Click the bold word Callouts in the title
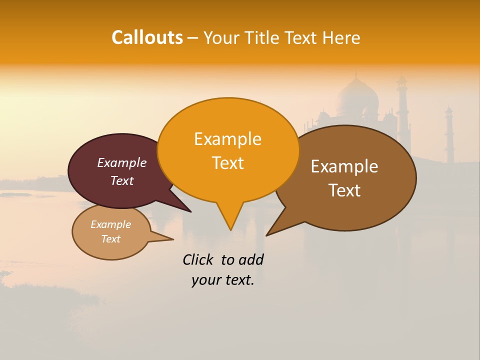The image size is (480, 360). coord(147,37)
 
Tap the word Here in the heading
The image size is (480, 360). coord(342,38)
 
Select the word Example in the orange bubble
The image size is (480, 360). coord(227,139)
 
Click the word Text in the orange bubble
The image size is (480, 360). coord(227,163)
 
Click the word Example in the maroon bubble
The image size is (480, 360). coord(121,162)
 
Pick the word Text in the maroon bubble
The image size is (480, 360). coord(121,180)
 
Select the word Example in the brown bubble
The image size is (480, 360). coord(344,166)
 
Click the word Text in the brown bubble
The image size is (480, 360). coord(344,190)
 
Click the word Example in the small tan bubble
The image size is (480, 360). coord(110,224)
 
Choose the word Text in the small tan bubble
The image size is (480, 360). coord(110,239)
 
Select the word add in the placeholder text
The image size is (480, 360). coord(251,260)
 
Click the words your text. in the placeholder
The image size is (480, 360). coord(222,280)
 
